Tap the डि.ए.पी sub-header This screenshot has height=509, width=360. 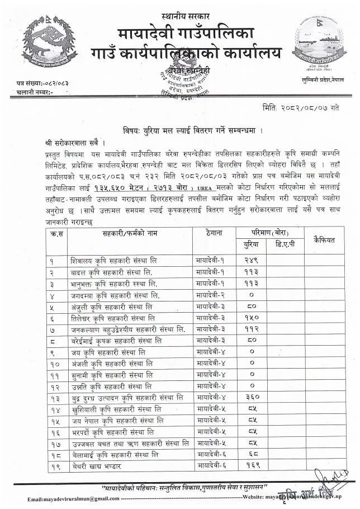[286, 244]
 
